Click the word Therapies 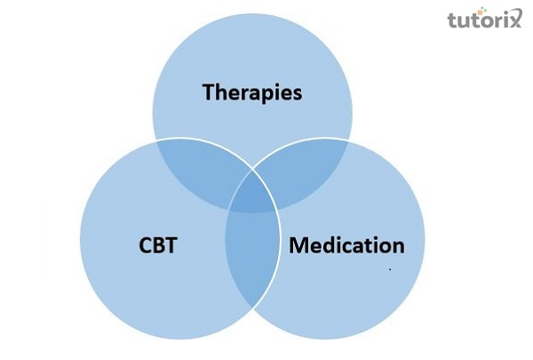(x=252, y=92)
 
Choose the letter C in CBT (x=145, y=244)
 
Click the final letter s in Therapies (x=297, y=92)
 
